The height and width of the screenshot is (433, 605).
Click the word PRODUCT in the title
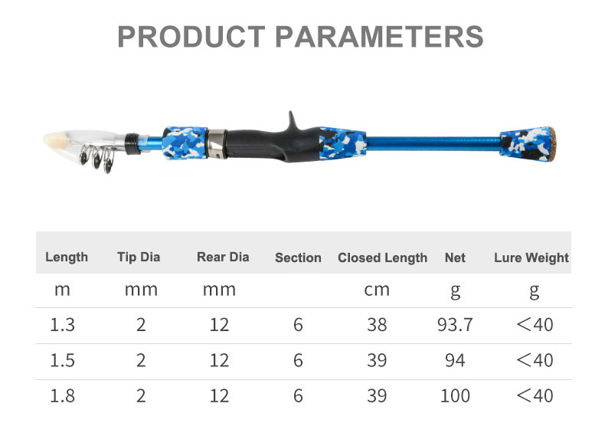191,37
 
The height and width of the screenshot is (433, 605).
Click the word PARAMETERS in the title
379,37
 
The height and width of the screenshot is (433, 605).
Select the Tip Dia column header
139,257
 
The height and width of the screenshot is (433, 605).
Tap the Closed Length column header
382,258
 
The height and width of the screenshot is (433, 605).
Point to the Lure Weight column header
531,258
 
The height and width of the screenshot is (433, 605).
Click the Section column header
298,258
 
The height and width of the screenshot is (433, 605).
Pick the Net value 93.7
455,324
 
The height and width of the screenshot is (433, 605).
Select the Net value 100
455,396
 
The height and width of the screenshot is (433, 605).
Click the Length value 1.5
62,360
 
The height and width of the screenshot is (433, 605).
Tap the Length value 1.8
62,396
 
